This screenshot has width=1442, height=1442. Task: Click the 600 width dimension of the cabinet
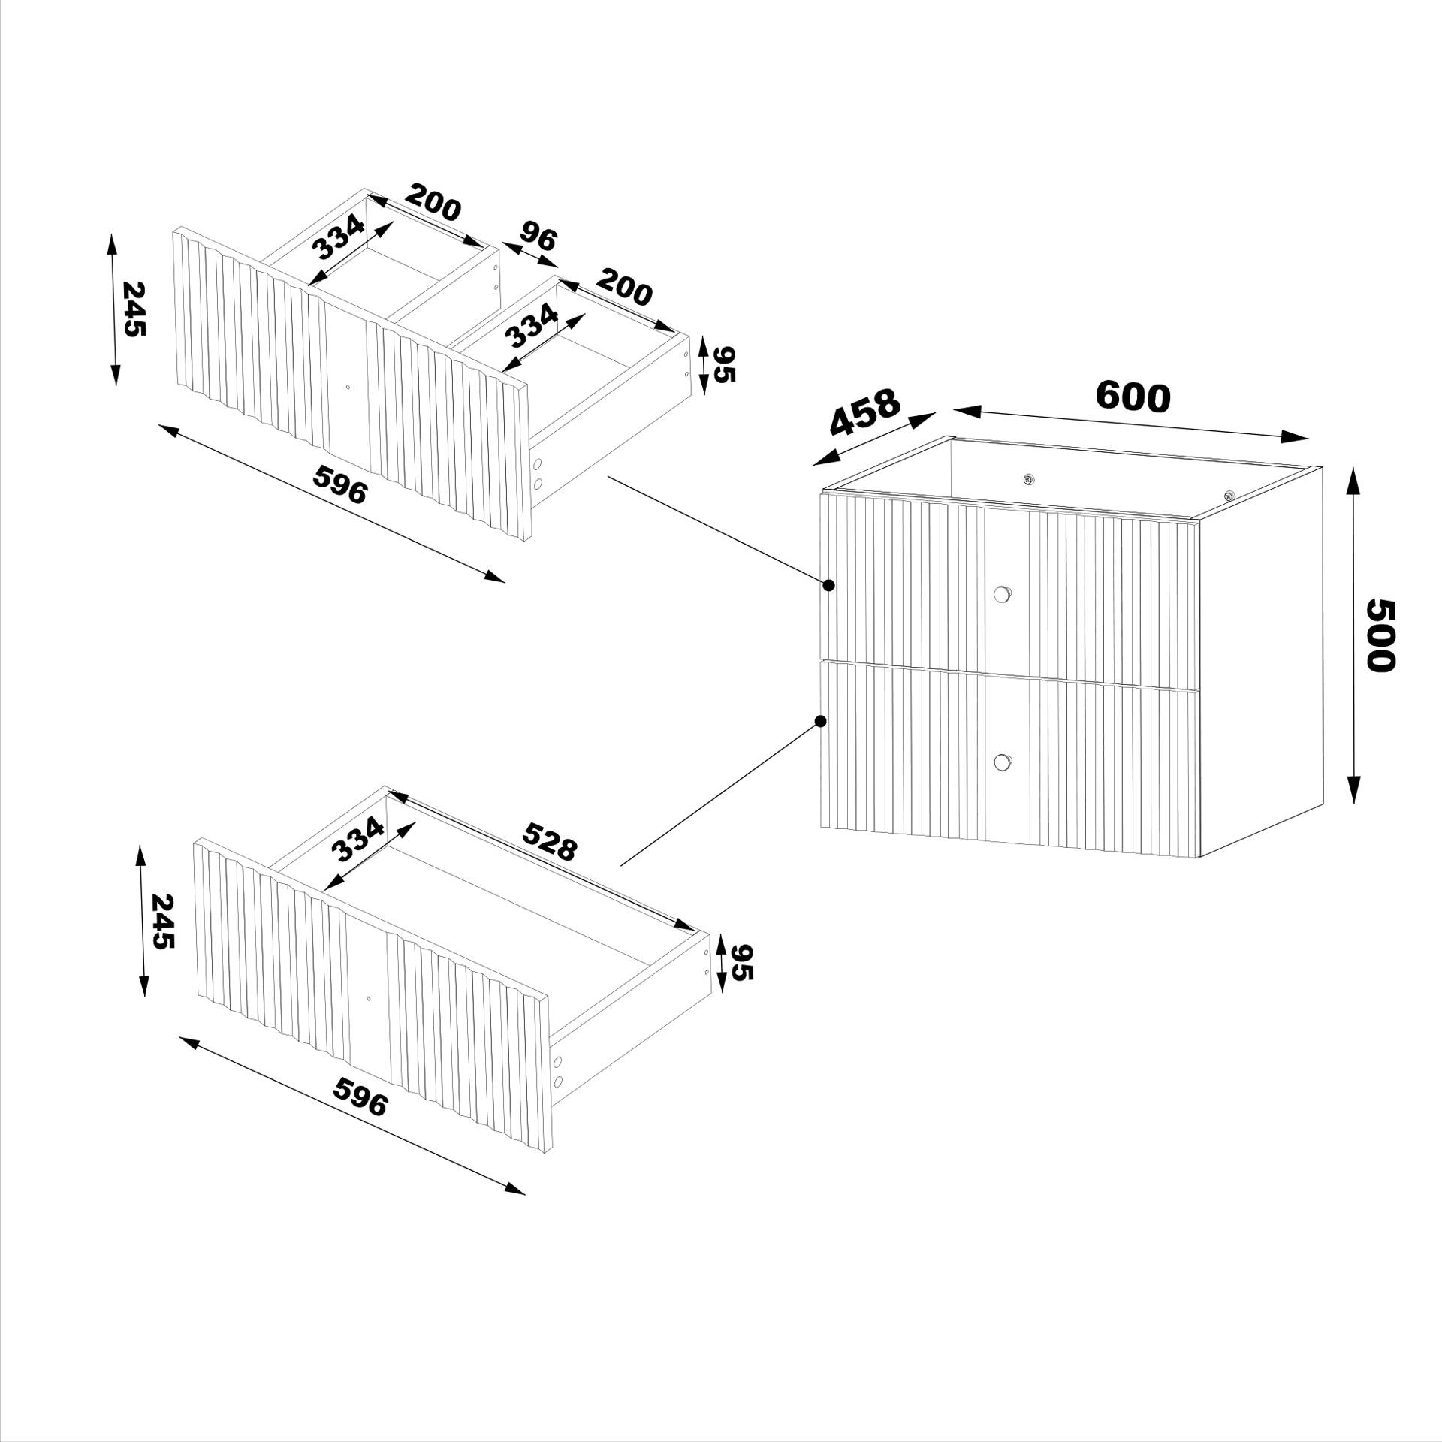tap(1133, 397)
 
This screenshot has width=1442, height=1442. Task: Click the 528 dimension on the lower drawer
tap(550, 841)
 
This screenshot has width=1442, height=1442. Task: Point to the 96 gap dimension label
tap(538, 237)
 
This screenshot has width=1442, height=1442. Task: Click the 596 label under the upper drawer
tap(341, 484)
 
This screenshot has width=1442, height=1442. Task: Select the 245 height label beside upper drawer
tap(134, 309)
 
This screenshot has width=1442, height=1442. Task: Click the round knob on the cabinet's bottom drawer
tap(1001, 762)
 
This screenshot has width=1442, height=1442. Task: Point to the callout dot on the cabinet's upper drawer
tap(828, 585)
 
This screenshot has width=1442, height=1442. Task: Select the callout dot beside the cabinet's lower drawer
tap(821, 721)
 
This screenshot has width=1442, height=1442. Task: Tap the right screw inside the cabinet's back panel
tap(1229, 495)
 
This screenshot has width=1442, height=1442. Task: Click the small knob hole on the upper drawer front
tap(348, 388)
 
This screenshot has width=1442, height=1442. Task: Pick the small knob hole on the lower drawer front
tap(368, 999)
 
